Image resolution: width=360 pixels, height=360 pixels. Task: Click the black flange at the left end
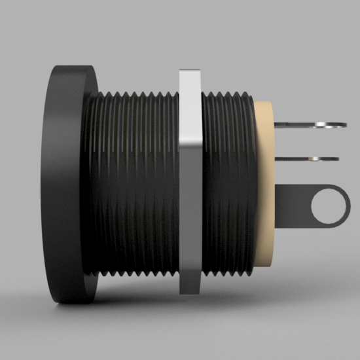(71, 183)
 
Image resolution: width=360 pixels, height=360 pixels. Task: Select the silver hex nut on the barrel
(189, 180)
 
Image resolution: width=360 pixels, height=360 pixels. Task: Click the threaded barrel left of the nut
(134, 183)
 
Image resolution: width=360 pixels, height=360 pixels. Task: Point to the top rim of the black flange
(72, 67)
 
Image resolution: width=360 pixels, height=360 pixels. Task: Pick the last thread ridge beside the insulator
(250, 183)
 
